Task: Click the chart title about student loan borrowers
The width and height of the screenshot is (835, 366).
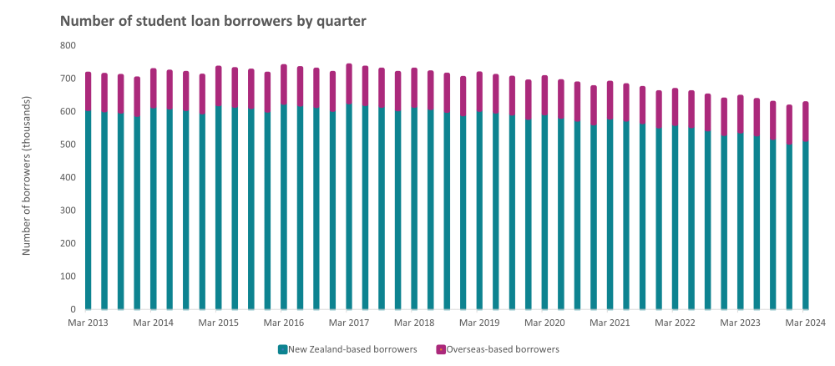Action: pos(213,21)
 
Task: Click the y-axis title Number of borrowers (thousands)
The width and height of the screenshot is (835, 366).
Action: pos(27,177)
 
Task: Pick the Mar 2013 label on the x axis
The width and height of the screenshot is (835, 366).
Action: pos(88,323)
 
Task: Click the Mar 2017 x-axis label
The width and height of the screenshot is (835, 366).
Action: pos(348,323)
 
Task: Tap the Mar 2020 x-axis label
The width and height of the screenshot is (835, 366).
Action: pos(544,323)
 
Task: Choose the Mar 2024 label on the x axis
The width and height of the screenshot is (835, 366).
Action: pos(805,323)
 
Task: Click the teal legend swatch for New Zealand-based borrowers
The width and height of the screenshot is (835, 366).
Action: pos(282,349)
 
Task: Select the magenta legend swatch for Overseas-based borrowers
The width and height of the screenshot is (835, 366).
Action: pos(440,349)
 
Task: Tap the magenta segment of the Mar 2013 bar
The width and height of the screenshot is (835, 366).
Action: pos(88,91)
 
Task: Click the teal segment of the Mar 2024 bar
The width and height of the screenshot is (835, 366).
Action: pos(805,226)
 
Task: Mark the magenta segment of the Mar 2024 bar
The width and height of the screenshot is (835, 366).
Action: pos(805,121)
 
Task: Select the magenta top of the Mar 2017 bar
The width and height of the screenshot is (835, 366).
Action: pos(349,84)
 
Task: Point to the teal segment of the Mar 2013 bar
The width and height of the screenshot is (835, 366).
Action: pos(88,209)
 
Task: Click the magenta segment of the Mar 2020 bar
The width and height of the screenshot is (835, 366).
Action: pos(544,95)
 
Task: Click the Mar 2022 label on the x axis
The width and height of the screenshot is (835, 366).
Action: pos(675,323)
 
